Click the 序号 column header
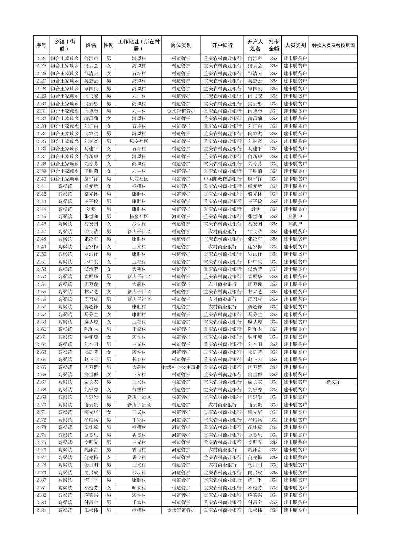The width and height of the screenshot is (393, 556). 41,45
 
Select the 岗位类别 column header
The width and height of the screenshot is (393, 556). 181,45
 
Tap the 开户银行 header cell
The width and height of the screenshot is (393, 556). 222,45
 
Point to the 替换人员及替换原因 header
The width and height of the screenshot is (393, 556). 333,45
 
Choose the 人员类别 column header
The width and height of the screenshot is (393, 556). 295,45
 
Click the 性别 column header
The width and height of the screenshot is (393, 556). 109,45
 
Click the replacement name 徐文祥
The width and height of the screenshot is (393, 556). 333,382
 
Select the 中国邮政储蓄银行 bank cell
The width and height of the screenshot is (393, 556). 222,179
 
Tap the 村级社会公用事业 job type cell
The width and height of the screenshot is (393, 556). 181,367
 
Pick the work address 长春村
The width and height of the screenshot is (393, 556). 139,360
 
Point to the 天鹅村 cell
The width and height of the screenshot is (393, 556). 139,269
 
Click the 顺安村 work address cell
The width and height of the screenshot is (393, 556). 139,488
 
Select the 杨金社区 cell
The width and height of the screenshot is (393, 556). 139,217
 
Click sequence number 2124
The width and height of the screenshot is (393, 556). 41,59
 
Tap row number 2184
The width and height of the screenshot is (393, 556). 41,510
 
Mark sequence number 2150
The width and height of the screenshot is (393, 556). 41,254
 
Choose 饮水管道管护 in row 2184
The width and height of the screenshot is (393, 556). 181,510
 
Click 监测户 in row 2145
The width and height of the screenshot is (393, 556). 295,217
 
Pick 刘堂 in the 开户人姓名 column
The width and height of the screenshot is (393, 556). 255,209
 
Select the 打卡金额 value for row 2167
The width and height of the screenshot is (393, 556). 274,382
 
